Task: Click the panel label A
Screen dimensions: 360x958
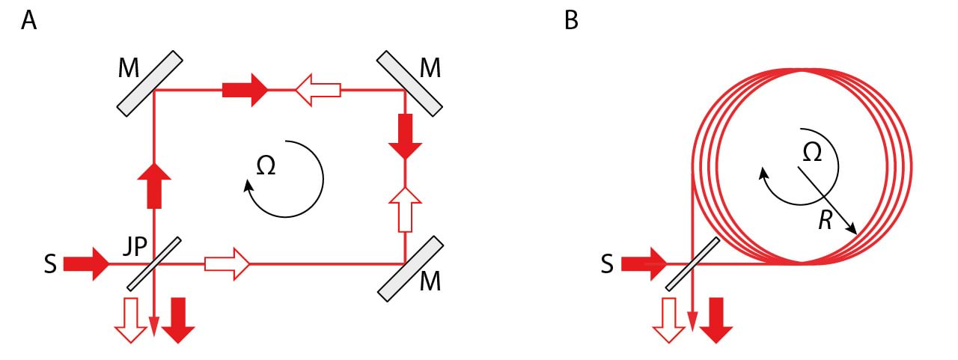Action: [29, 21]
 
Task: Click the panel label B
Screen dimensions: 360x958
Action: [571, 21]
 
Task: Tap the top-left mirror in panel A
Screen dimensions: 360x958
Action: [150, 83]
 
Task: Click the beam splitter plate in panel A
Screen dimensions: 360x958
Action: [153, 264]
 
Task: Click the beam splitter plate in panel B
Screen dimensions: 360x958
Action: [692, 264]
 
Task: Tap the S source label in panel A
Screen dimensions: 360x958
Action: [50, 266]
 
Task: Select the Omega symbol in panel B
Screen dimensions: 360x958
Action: [812, 152]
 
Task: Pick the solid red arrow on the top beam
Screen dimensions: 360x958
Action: [245, 90]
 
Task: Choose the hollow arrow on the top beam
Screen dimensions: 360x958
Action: [317, 91]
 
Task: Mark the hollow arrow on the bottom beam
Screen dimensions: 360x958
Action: [226, 264]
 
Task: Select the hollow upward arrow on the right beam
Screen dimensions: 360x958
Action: [405, 209]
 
